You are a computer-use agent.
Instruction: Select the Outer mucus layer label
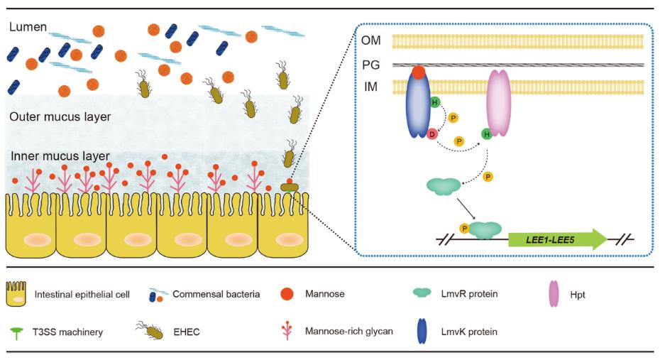(61, 116)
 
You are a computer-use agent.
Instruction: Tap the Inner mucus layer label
(60, 156)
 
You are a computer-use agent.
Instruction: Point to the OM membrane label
(370, 41)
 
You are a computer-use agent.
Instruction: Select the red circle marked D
(431, 133)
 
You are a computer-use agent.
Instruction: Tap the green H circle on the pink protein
(487, 133)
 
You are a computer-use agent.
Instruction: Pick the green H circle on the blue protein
(434, 104)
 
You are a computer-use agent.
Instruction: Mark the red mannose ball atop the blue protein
(419, 72)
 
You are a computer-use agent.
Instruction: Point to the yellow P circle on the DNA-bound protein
(465, 229)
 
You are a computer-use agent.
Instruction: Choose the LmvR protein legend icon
(424, 292)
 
